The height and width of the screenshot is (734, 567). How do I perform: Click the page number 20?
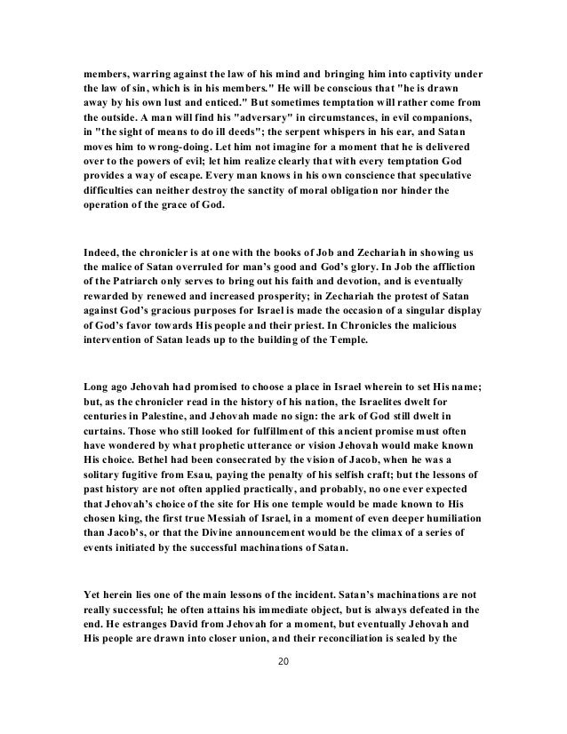(283, 661)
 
